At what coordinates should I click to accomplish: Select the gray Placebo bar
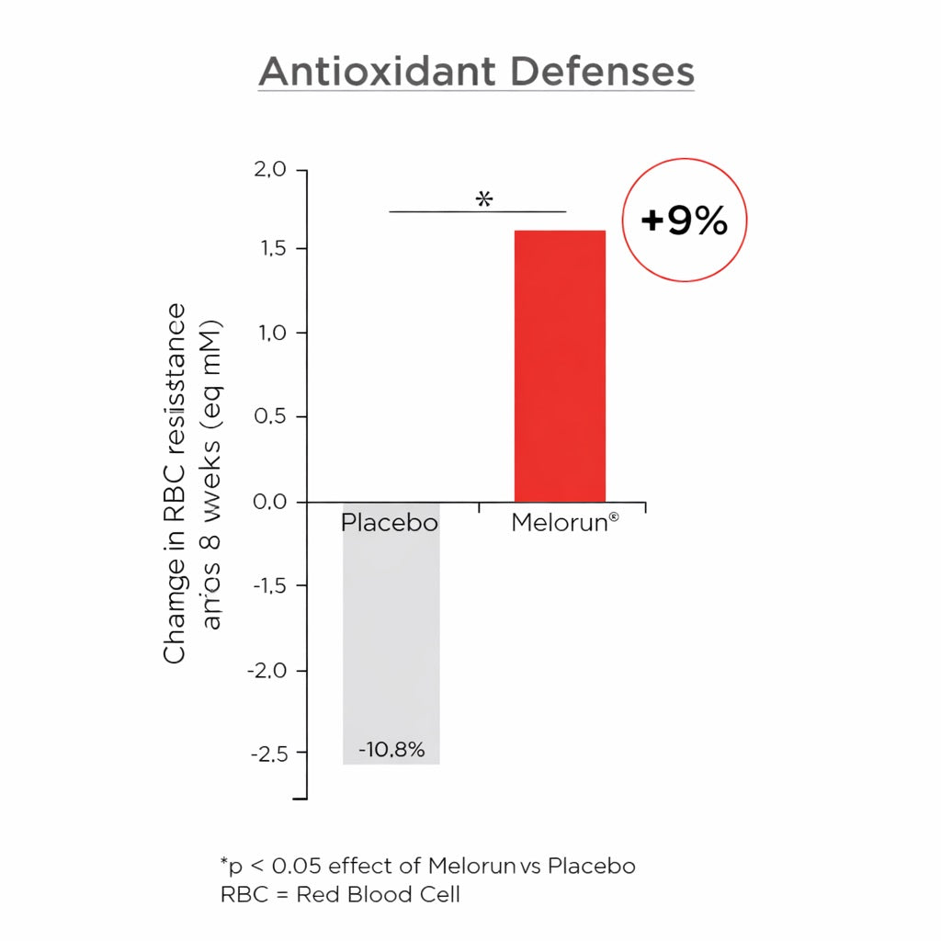pos(391,634)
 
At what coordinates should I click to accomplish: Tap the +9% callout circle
pos(685,221)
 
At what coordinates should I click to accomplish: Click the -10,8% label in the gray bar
pos(391,750)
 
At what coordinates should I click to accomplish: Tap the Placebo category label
pos(390,523)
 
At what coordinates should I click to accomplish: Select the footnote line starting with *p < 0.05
pos(427,866)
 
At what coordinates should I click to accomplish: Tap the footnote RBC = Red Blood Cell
pos(340,894)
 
